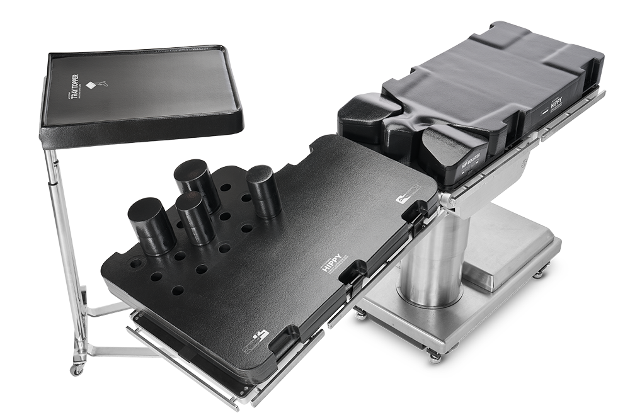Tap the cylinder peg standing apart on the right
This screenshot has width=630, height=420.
coord(263,191)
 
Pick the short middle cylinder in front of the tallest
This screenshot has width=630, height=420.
coord(195,218)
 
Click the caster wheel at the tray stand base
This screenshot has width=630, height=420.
coord(77,369)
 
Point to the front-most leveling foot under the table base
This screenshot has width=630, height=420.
coord(435,357)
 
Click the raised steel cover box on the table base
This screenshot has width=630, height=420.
coord(507,246)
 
